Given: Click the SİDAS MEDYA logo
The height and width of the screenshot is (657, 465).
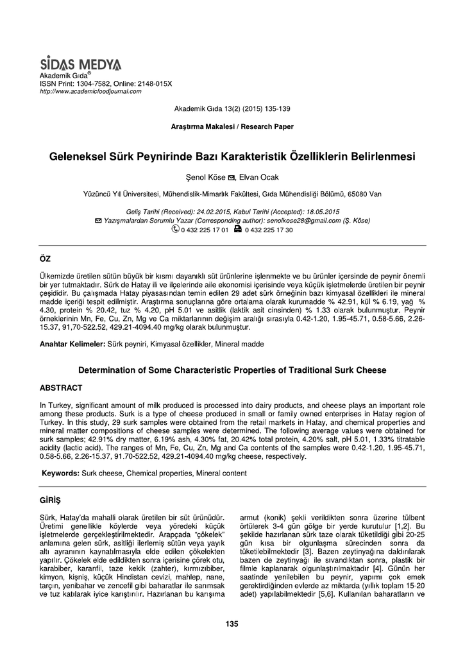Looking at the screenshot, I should point(80,64).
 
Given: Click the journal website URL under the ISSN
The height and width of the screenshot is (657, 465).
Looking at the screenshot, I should point(90,92).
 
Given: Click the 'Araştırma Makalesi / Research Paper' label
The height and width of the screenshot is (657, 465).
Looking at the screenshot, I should point(233,127).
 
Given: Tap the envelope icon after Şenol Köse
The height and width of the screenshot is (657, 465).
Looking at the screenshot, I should point(231,178).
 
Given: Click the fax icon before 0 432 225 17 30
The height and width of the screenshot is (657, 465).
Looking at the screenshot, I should point(238,229).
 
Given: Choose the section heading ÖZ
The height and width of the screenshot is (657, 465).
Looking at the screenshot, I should point(46,258).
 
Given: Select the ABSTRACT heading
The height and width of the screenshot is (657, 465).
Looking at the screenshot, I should point(61,388).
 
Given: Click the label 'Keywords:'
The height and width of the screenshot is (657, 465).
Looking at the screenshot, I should point(60,473).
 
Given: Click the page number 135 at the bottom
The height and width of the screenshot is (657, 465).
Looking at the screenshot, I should point(232,624).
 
